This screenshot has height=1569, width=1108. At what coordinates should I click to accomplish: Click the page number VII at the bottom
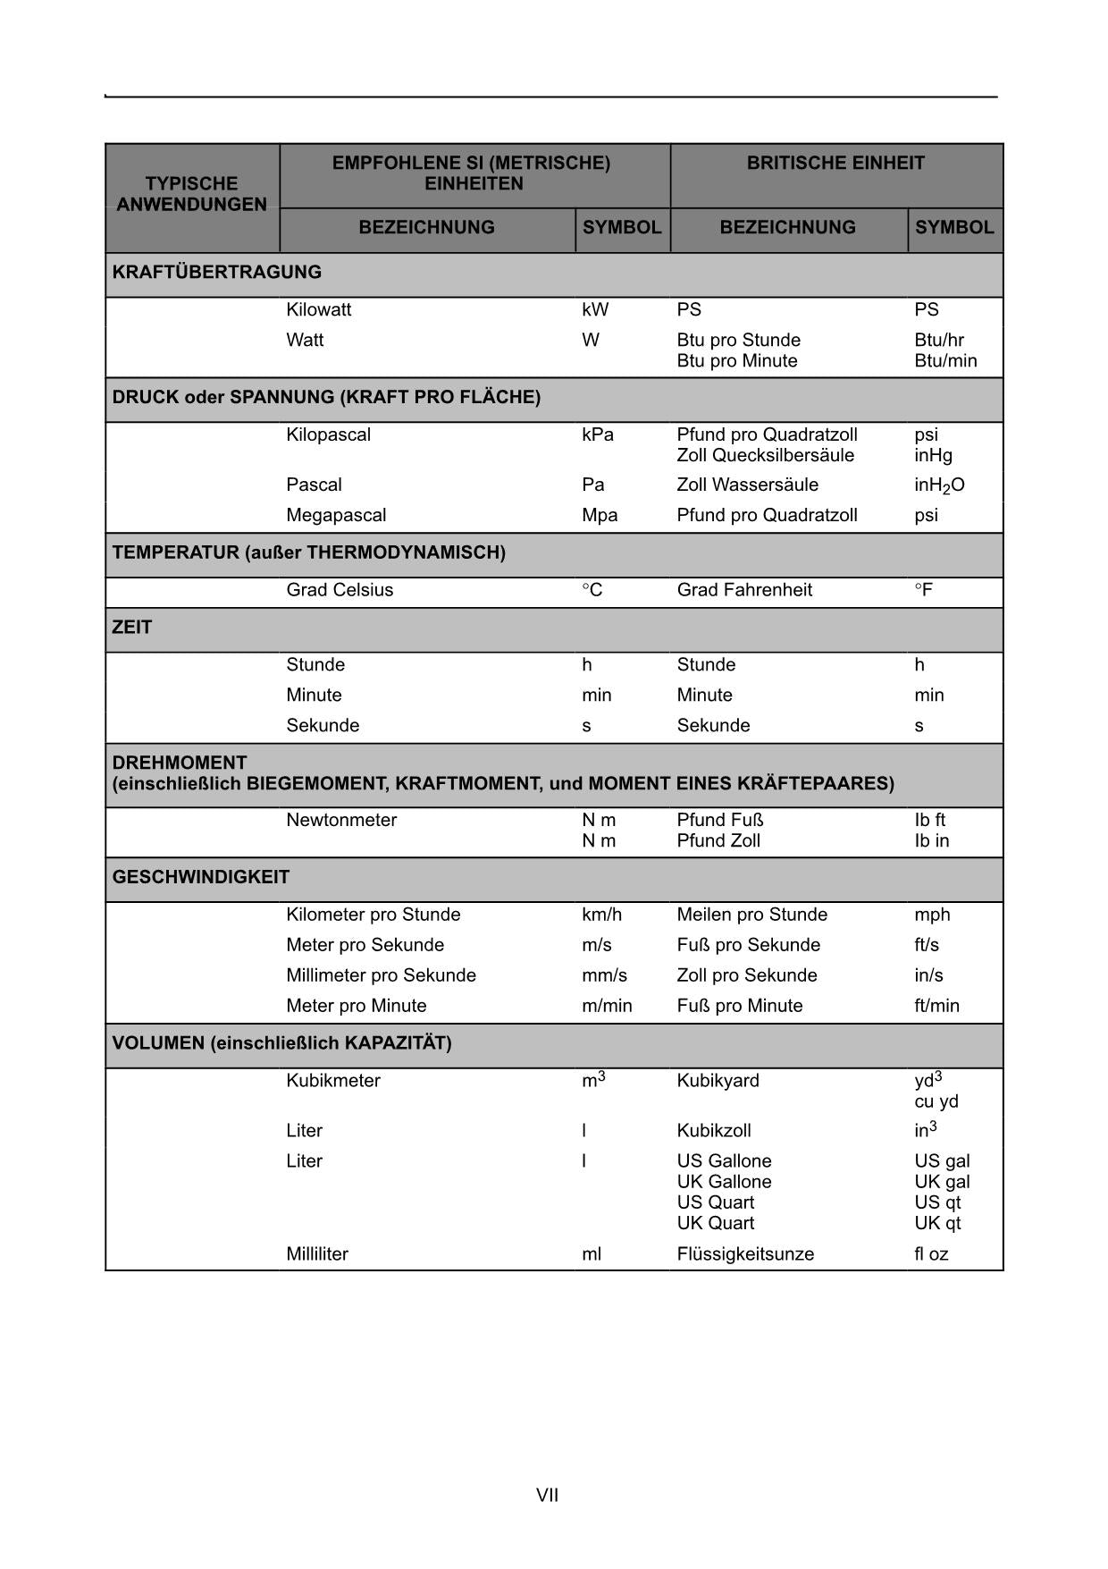coord(547,1495)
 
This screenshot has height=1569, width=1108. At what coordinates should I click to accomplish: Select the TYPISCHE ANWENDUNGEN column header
coord(191,194)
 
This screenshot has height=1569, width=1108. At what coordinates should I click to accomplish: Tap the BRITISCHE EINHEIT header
coord(835,163)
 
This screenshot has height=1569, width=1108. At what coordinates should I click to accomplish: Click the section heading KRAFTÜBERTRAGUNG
coord(216,272)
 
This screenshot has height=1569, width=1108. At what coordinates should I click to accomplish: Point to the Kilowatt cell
coord(319,310)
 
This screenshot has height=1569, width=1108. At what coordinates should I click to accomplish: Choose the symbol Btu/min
coord(945,361)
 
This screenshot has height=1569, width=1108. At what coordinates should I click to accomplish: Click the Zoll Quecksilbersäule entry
coord(765,456)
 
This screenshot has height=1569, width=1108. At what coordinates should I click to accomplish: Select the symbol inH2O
coord(939,485)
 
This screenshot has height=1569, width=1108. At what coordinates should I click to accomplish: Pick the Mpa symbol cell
coord(600,516)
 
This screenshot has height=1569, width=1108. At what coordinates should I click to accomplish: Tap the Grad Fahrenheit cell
coord(744,590)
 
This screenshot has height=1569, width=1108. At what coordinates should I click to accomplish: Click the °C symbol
coord(592,590)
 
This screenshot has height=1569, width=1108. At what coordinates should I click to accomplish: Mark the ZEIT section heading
coord(132,628)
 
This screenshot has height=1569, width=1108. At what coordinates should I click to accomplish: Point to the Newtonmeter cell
coord(341,821)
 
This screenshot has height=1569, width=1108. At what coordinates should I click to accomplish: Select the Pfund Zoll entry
coord(718,841)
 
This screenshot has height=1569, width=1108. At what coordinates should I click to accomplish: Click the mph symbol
coord(932,915)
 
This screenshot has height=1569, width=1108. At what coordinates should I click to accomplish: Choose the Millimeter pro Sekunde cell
coord(381,975)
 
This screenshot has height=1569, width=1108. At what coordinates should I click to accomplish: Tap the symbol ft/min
coord(936,1006)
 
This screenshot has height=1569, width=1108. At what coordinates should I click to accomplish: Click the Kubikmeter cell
coord(333,1081)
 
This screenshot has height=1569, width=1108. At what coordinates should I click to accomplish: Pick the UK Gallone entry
coord(724,1182)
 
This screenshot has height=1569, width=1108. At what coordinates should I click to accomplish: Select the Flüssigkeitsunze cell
coord(745,1254)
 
